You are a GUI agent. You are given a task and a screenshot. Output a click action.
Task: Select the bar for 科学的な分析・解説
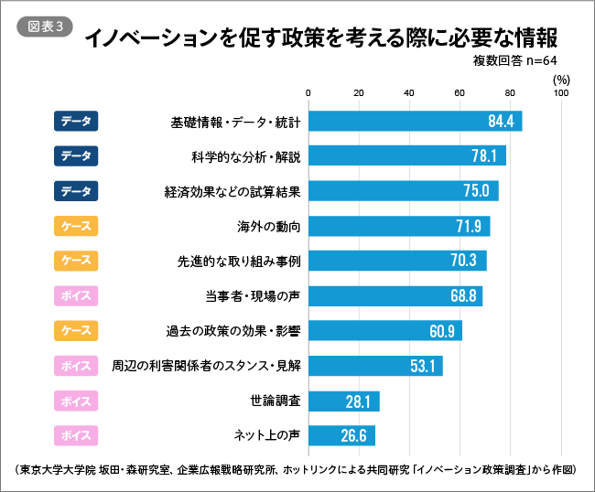click(x=407, y=156)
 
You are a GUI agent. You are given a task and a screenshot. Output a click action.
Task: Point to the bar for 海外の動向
click(x=399, y=226)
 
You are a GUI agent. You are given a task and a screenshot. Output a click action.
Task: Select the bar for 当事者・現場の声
click(x=395, y=295)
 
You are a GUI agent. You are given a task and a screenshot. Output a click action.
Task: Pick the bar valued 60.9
click(x=385, y=330)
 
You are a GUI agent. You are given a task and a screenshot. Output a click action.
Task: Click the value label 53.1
click(x=422, y=365)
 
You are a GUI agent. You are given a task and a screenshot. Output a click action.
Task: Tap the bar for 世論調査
click(x=344, y=400)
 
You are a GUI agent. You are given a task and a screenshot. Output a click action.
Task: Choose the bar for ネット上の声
click(x=342, y=434)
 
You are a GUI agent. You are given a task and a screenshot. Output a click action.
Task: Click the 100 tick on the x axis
click(x=561, y=92)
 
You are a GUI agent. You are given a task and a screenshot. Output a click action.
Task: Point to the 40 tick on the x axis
click(x=409, y=92)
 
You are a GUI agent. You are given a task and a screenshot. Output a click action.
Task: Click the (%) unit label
click(x=561, y=80)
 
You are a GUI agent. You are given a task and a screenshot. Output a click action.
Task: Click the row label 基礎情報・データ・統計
click(x=236, y=122)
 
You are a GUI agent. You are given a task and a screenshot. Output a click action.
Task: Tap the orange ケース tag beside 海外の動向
click(x=76, y=226)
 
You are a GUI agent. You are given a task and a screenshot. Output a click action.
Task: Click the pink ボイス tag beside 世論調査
click(x=76, y=400)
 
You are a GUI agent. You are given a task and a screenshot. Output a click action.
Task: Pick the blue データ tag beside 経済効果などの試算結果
click(x=76, y=191)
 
